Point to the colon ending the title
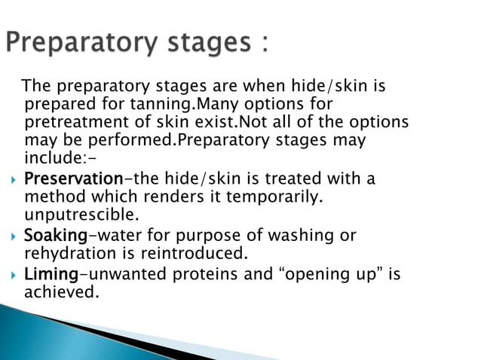264,41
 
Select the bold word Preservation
73,179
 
